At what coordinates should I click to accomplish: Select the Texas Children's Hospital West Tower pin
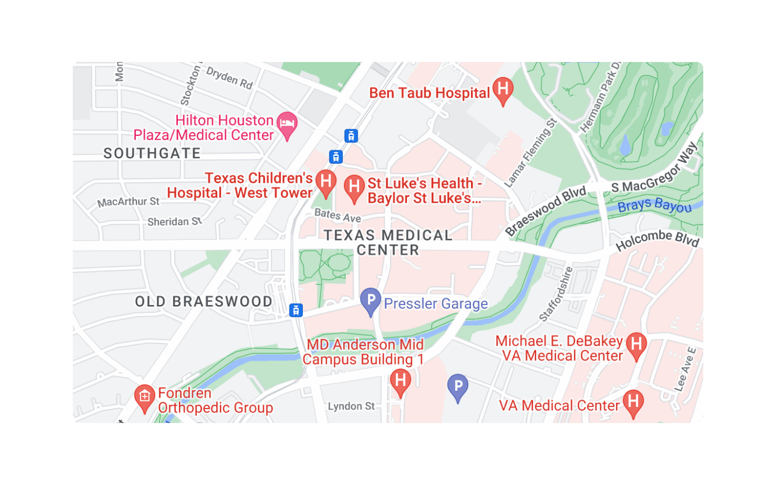click(325, 183)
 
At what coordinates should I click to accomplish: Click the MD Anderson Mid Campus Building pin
click(400, 382)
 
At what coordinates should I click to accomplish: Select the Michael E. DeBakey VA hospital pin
click(636, 345)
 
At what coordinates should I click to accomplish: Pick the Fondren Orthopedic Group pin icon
click(144, 398)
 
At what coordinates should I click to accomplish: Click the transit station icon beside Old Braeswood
click(296, 310)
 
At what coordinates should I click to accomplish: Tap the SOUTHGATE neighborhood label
click(152, 154)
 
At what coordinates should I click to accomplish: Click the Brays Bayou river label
click(654, 205)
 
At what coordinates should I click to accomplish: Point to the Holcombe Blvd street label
click(657, 239)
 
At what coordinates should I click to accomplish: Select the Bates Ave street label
click(337, 216)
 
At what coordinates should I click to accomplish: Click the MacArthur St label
click(128, 202)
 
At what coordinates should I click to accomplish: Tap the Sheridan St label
click(174, 221)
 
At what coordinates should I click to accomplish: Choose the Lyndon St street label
click(351, 406)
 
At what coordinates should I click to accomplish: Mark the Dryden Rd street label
click(230, 78)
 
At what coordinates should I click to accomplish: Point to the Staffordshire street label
click(556, 294)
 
